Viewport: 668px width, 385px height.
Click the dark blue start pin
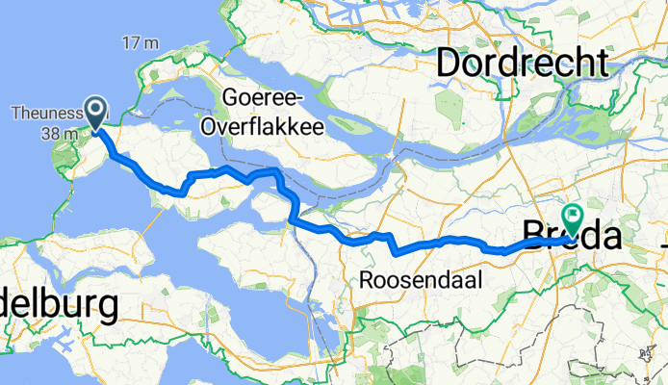[x=97, y=112]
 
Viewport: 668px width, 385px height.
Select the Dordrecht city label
[x=523, y=64]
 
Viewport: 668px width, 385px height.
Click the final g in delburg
[x=107, y=311]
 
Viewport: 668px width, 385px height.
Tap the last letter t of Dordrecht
[x=603, y=64]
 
